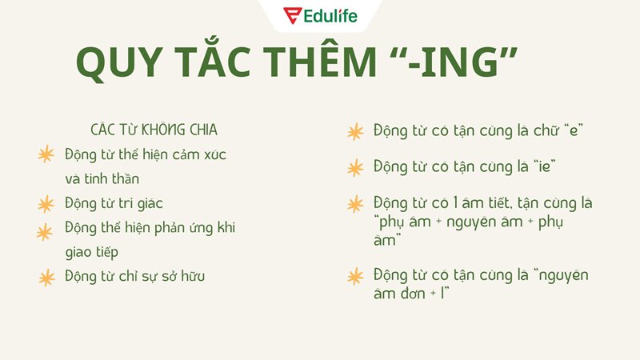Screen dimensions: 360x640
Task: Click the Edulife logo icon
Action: (x=293, y=16)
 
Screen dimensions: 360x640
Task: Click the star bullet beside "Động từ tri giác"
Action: (x=46, y=203)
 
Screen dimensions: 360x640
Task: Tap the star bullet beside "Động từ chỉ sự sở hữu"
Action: (x=46, y=278)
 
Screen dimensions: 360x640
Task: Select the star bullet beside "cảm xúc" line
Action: (x=46, y=154)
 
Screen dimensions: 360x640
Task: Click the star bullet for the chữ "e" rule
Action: (x=354, y=132)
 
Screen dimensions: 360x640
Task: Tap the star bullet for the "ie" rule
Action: (x=354, y=168)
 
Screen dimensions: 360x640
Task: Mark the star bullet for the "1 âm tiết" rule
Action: (x=354, y=204)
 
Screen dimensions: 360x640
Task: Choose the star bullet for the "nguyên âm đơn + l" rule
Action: (x=354, y=277)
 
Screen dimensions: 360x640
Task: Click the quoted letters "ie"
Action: (x=543, y=167)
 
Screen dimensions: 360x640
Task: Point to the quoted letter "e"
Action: (x=572, y=130)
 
